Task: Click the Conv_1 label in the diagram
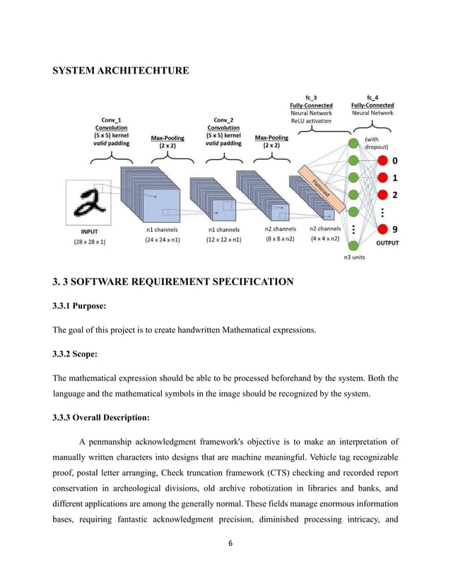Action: [110, 119]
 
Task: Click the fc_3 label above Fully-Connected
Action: [311, 98]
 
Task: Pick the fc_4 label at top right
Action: [372, 98]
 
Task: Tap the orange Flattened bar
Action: [321, 188]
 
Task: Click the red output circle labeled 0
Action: [382, 160]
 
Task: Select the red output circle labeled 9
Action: [382, 229]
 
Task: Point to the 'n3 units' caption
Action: [354, 257]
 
